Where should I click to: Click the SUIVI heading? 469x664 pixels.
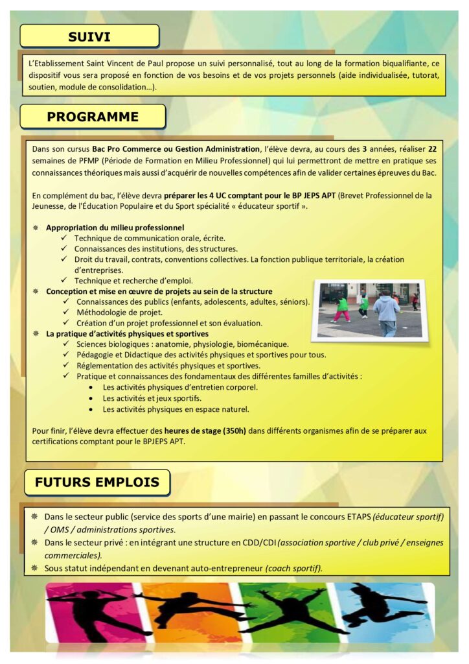pyautogui.click(x=89, y=36)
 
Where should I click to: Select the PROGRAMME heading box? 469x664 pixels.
pyautogui.click(x=93, y=117)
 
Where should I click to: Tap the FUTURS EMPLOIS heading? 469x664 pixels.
pyautogui.click(x=97, y=482)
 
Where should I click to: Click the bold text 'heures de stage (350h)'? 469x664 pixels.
pyautogui.click(x=203, y=431)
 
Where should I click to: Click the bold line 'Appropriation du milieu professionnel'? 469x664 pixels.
pyautogui.click(x=115, y=228)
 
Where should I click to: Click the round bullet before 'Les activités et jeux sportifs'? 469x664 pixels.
pyautogui.click(x=90, y=398)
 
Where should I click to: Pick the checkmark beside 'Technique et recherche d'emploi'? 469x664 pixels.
pyautogui.click(x=65, y=281)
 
